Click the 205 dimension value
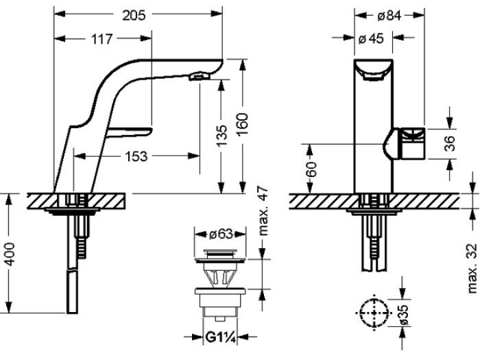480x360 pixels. tap(134, 15)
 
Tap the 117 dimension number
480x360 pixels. tap(101, 39)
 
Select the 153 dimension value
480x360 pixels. tap(136, 156)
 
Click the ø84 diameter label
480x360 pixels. tap(389, 15)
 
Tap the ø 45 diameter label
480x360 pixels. tap(371, 38)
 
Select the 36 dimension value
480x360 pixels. tap(450, 143)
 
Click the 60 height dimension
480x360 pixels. tap(311, 169)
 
